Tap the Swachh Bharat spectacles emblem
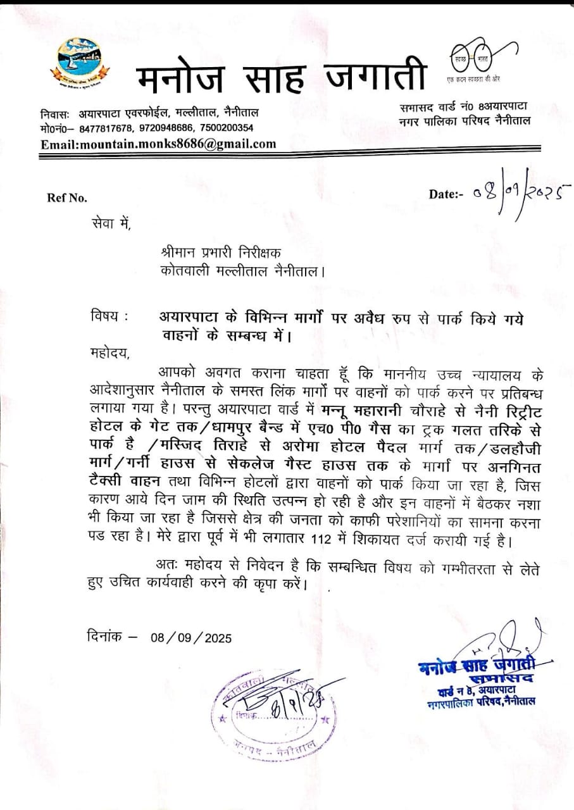[482, 59]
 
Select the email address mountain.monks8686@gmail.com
[158, 144]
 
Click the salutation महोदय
[109, 352]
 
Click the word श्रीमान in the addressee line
[180, 252]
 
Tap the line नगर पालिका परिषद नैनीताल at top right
[465, 121]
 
